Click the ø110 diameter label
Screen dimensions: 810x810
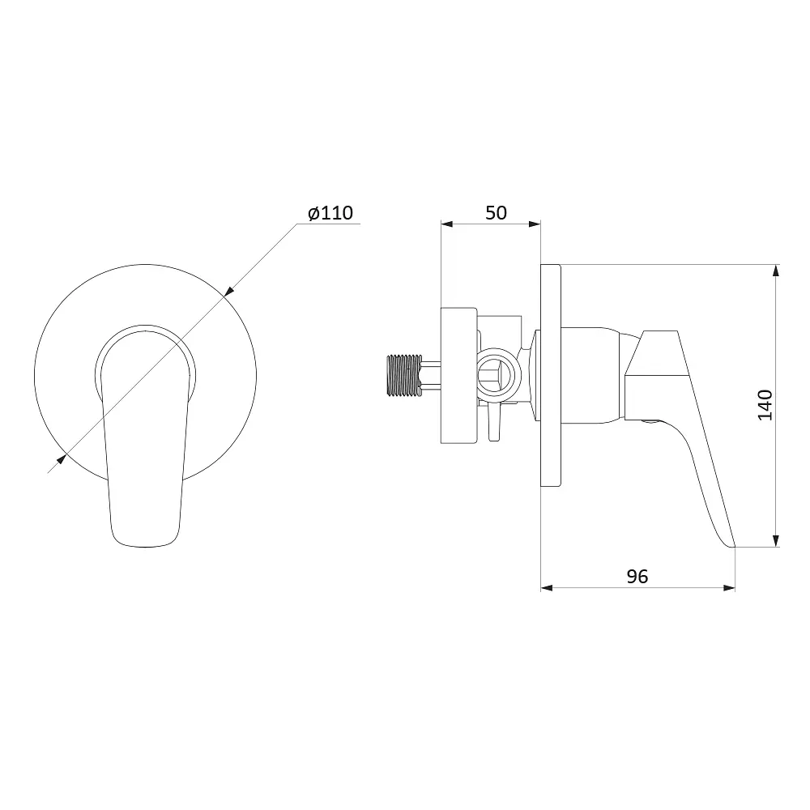[330, 213]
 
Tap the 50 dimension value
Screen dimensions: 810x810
[496, 213]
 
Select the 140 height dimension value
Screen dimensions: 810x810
[765, 406]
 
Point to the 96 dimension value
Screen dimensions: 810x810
[637, 576]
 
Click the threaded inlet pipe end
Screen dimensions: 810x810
[404, 376]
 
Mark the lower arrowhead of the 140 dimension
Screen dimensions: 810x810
[775, 539]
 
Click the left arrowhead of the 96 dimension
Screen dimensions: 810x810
[547, 588]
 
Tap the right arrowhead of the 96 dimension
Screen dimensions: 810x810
[728, 588]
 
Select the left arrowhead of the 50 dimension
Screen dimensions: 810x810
[447, 224]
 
